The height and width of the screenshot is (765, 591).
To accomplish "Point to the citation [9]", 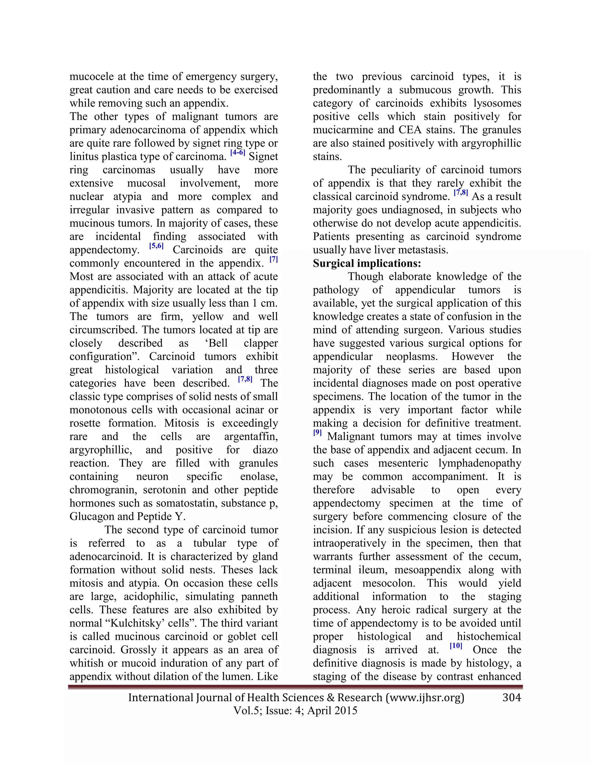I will tap(317, 433).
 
